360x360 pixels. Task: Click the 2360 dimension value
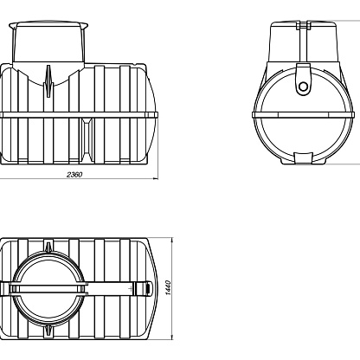point(74,175)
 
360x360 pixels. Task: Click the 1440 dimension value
point(169,287)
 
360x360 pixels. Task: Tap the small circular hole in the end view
point(303,87)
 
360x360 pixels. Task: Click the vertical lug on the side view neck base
point(48,81)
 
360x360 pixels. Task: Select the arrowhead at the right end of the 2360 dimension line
point(156,178)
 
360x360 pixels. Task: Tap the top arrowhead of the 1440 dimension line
point(172,241)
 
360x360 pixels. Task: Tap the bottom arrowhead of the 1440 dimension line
point(172,337)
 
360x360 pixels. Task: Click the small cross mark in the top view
point(131,288)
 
